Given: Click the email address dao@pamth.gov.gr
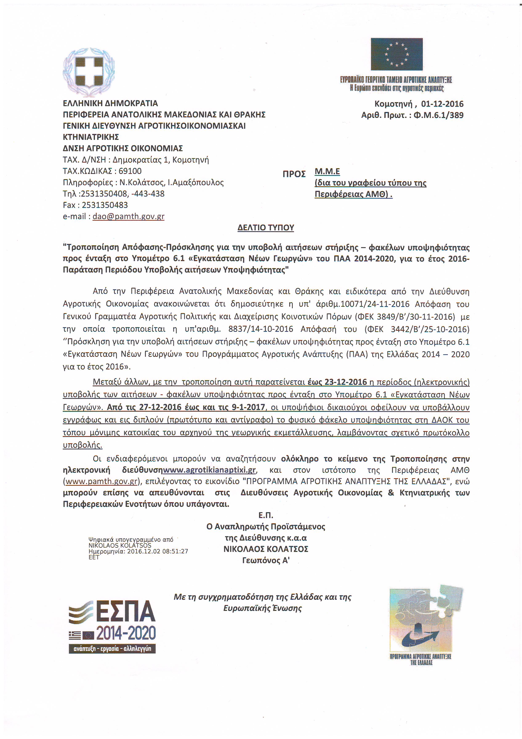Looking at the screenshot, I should pyautogui.click(x=128, y=216).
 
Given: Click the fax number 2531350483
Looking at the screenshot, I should pyautogui.click(x=105, y=205).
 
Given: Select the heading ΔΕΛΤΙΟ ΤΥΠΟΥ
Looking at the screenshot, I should pyautogui.click(x=266, y=228).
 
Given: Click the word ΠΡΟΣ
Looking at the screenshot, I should pyautogui.click(x=294, y=174).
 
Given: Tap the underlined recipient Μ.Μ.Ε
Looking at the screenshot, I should pyautogui.click(x=327, y=171).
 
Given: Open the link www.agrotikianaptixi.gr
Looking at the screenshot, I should pyautogui.click(x=209, y=470).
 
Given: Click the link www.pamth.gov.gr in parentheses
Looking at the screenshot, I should pyautogui.click(x=102, y=482).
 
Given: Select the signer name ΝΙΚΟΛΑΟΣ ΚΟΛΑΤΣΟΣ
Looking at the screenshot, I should pyautogui.click(x=266, y=549).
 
